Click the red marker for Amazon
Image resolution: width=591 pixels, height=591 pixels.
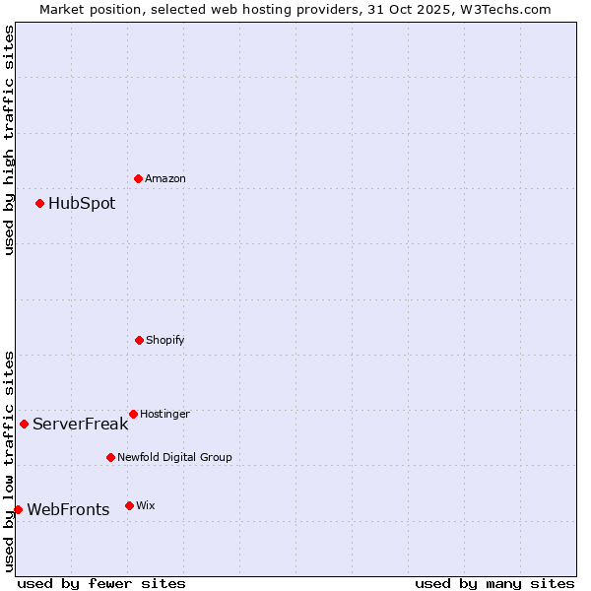click(139, 178)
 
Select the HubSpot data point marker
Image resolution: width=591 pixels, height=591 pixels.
click(40, 204)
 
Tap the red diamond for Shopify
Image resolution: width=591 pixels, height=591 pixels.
click(139, 340)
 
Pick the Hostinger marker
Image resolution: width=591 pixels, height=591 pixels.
click(133, 414)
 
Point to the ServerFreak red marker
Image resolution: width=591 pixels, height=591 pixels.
click(25, 425)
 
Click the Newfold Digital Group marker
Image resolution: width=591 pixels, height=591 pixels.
click(110, 457)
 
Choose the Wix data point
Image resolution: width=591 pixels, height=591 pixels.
click(129, 505)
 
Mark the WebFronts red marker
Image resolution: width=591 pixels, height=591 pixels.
click(18, 509)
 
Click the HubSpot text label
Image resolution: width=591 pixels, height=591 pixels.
click(82, 204)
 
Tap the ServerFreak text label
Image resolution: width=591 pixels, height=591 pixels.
click(80, 425)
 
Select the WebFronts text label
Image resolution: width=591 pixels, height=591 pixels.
click(68, 509)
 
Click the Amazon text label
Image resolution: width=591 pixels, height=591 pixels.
click(165, 178)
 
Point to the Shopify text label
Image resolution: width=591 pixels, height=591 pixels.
click(165, 340)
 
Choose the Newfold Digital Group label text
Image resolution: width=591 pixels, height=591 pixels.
click(174, 457)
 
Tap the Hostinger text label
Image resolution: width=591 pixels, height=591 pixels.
click(164, 414)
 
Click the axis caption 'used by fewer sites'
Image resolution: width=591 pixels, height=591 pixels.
click(101, 583)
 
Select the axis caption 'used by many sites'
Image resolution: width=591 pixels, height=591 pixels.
click(494, 583)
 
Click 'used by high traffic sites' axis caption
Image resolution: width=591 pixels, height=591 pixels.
click(9, 141)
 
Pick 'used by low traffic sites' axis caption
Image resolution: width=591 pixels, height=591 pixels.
click(9, 460)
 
